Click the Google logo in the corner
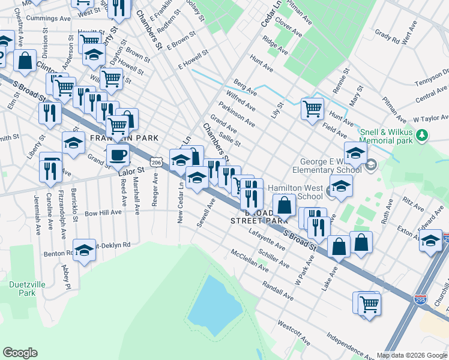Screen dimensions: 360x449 click(x=20, y=353)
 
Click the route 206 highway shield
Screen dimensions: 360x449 click(x=157, y=162)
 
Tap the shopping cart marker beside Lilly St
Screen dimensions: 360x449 click(x=312, y=109)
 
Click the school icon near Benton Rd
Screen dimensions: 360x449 click(x=84, y=250)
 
